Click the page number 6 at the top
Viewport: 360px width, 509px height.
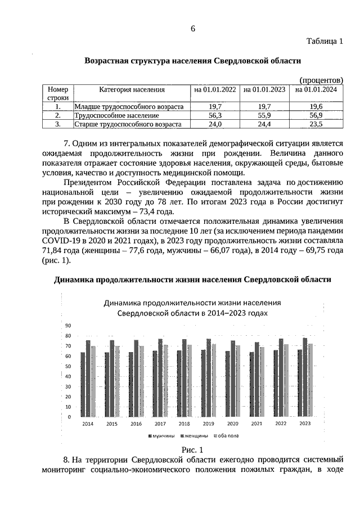(x=192, y=29)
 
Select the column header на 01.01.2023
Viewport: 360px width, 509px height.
(x=263, y=89)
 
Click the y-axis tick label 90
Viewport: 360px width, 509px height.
(x=68, y=326)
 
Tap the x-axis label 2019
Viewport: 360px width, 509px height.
(x=208, y=423)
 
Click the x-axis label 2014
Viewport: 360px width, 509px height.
(x=88, y=423)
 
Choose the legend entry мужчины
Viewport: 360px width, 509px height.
(x=161, y=436)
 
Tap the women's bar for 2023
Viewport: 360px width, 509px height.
(x=305, y=377)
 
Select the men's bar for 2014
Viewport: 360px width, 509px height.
(x=83, y=385)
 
